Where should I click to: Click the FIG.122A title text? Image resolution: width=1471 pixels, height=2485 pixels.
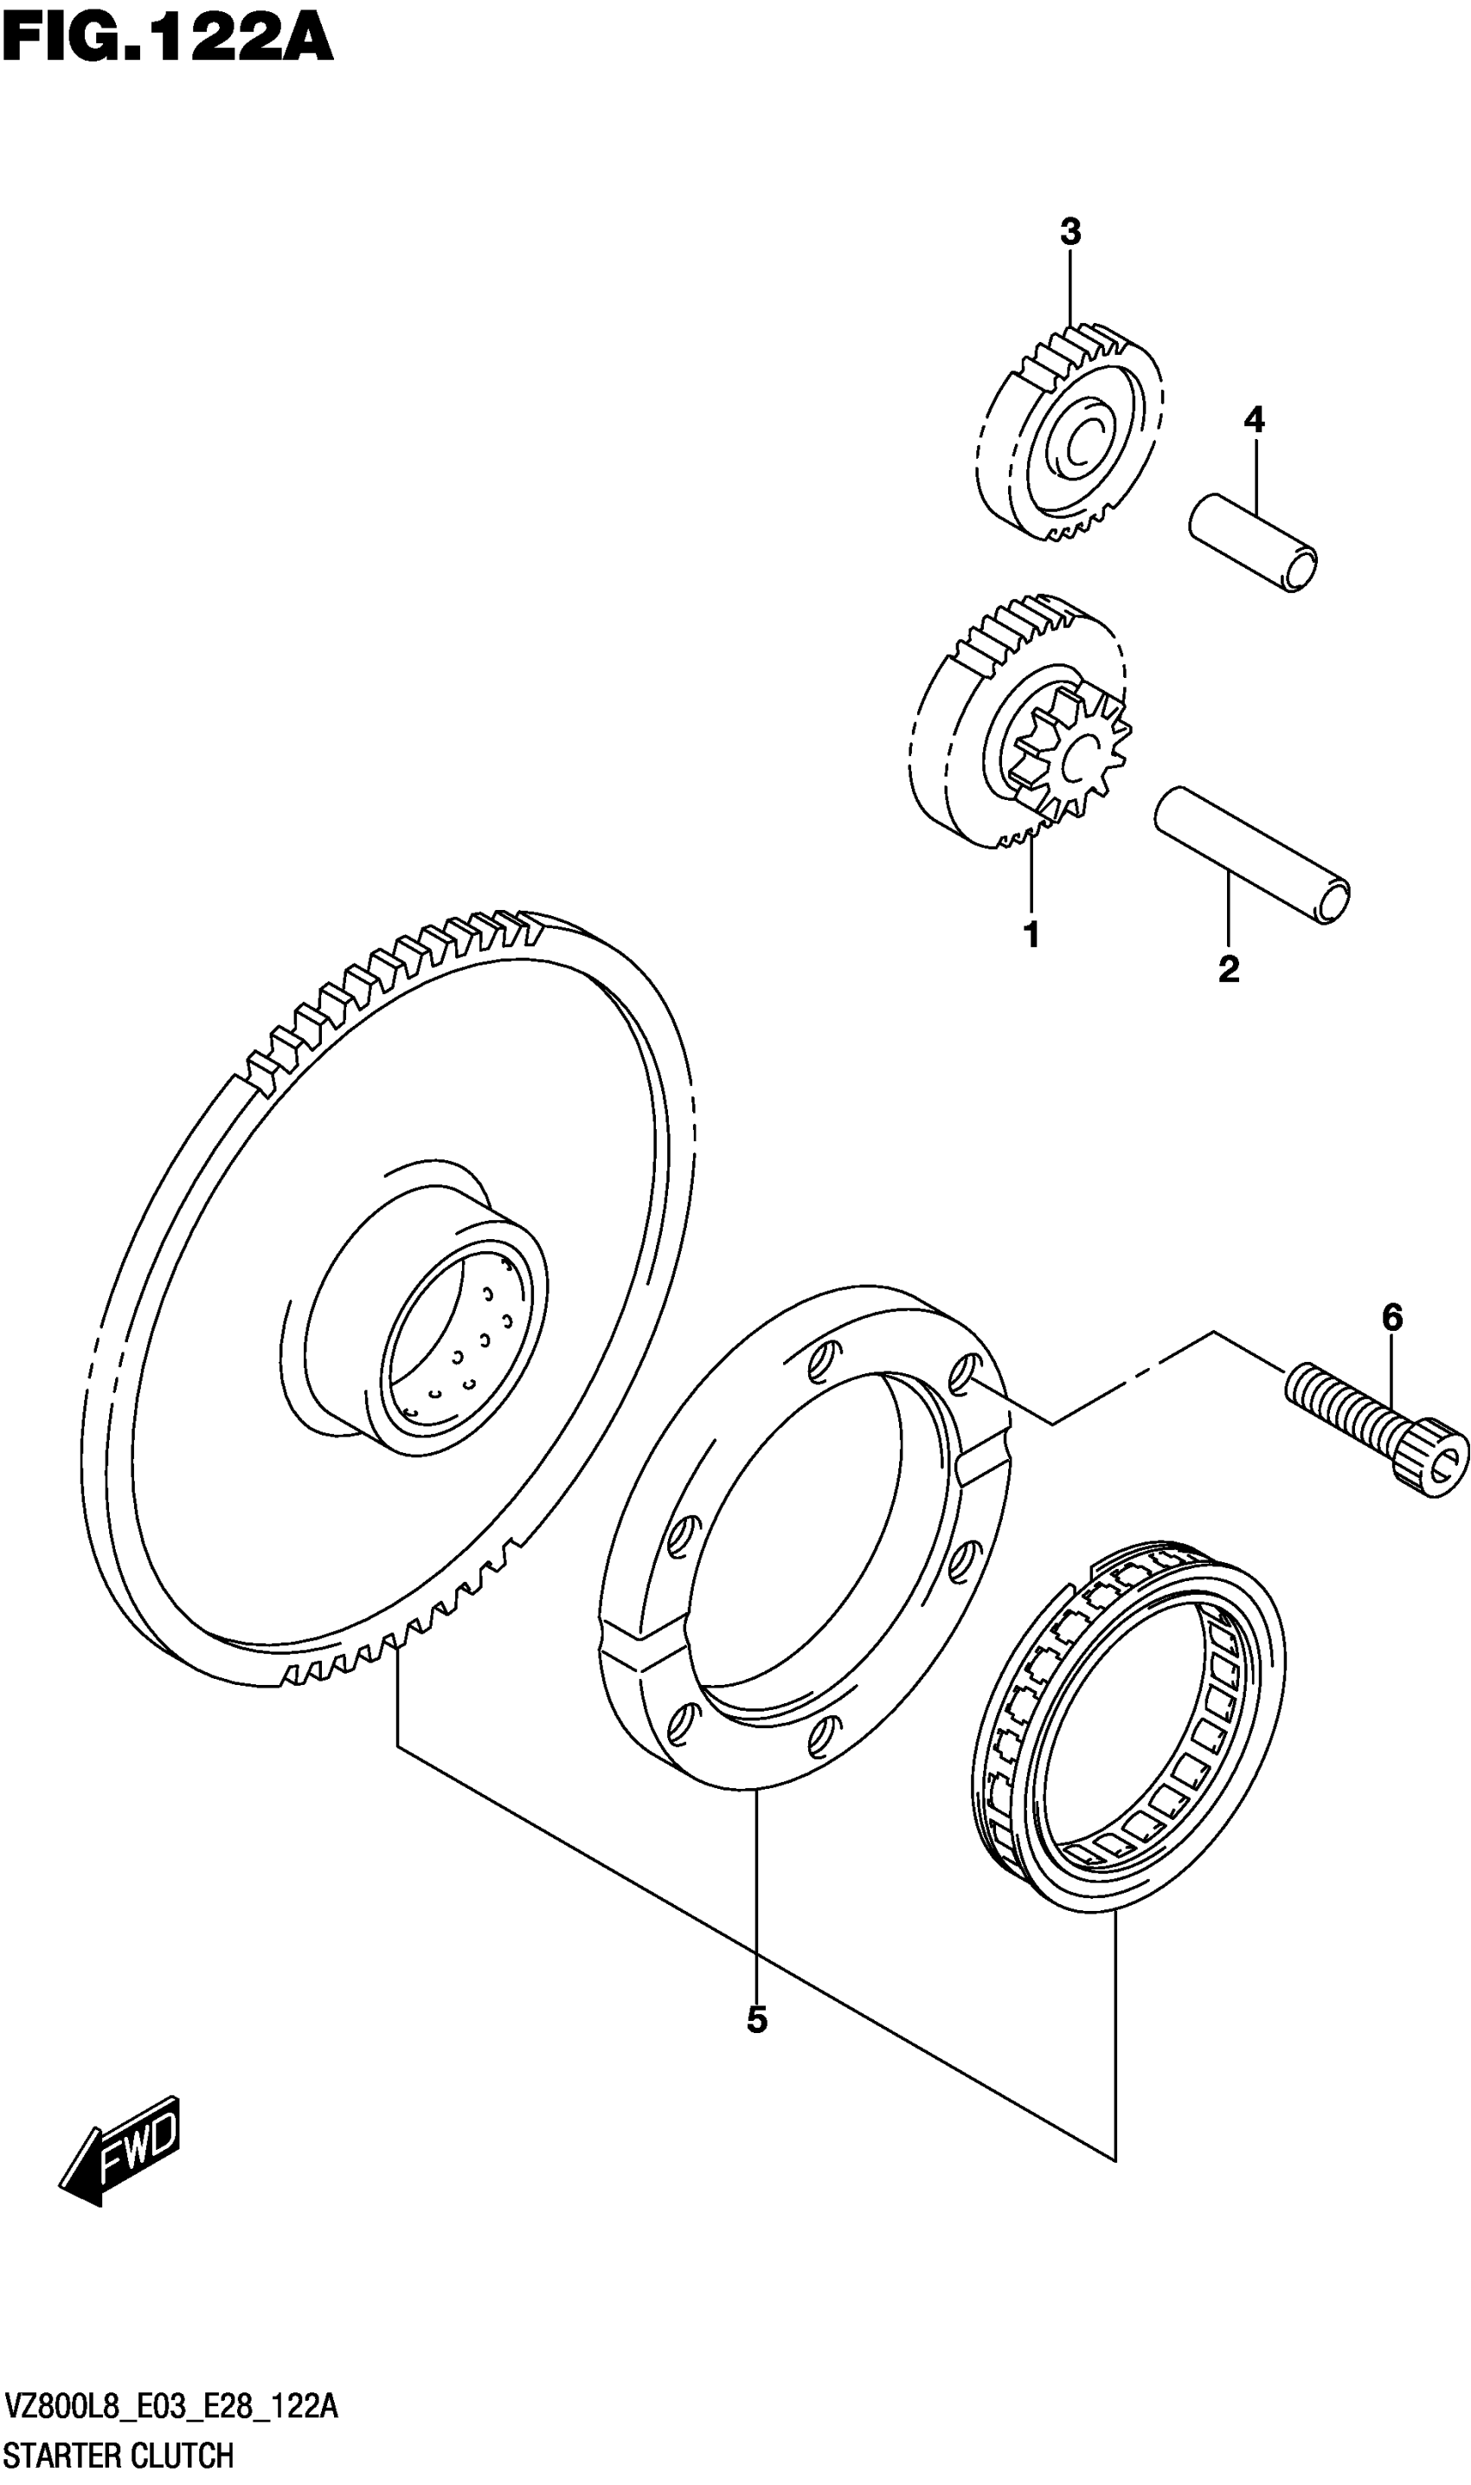pos(166,40)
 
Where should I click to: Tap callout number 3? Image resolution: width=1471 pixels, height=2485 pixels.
pos(1070,232)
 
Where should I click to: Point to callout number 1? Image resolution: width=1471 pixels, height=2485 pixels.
pos(1031,934)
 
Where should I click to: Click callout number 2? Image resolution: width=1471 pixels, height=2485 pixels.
pos(1228,969)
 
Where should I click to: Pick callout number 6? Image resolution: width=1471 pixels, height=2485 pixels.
pos(1391,1318)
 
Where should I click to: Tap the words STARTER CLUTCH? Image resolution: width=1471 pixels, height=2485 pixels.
pos(119,2453)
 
